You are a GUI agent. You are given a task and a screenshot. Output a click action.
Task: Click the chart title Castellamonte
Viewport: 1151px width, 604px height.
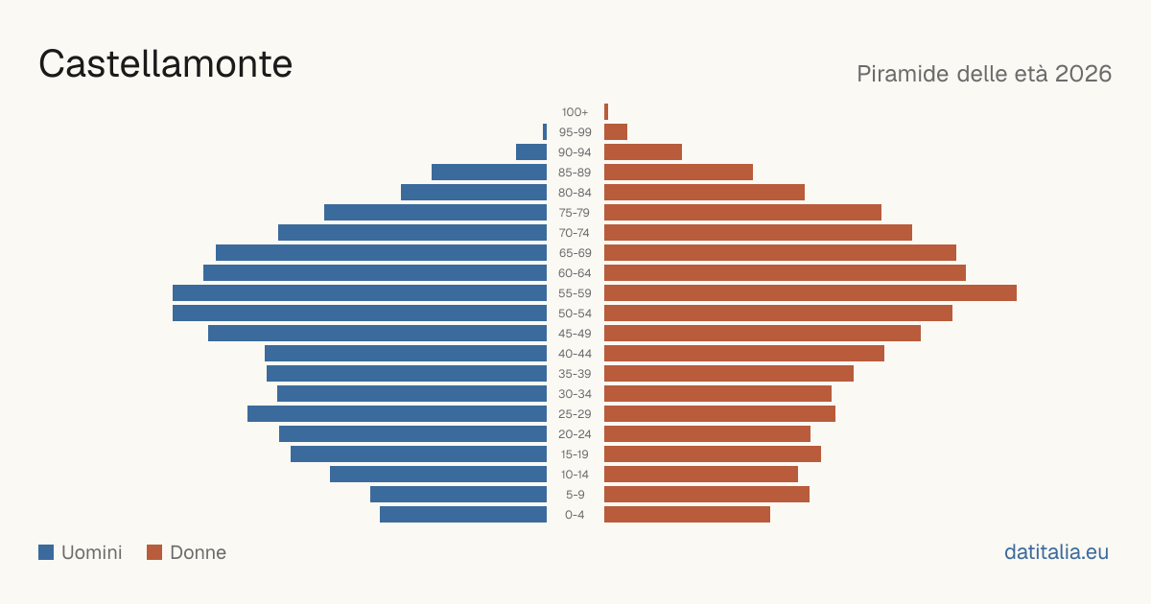click(165, 64)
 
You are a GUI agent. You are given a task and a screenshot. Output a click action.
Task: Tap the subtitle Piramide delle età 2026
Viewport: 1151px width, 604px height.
click(984, 74)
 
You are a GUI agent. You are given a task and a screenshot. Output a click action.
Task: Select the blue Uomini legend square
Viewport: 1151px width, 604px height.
click(46, 552)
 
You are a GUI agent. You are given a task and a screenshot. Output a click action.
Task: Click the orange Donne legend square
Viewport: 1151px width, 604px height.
click(154, 552)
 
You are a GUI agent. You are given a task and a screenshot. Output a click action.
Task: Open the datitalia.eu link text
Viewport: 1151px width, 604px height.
click(1056, 552)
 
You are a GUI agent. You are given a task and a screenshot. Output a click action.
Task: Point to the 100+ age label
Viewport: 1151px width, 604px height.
click(575, 112)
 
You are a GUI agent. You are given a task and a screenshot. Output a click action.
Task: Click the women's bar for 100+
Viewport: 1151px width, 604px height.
click(606, 112)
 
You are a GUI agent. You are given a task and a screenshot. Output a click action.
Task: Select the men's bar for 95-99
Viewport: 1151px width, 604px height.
click(545, 132)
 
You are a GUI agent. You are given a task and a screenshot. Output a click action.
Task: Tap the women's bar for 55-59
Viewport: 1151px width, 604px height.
click(810, 293)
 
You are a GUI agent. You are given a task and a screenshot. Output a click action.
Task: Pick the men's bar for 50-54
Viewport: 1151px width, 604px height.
click(360, 314)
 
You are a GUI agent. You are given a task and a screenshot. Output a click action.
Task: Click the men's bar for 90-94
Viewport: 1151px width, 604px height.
click(531, 152)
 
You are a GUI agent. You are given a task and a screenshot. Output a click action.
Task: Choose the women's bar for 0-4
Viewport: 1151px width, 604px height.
click(687, 515)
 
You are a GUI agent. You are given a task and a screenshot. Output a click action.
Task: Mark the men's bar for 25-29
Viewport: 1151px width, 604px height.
click(397, 414)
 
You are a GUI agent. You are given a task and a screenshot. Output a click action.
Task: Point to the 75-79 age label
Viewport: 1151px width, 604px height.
click(575, 213)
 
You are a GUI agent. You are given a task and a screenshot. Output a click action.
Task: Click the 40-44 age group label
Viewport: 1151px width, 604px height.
click(575, 354)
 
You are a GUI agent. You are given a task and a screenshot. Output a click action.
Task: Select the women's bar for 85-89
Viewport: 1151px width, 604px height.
click(678, 172)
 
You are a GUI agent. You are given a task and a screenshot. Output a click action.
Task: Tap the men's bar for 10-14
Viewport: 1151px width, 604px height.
click(438, 474)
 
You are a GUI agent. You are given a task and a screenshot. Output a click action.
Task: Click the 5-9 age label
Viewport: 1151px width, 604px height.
click(575, 495)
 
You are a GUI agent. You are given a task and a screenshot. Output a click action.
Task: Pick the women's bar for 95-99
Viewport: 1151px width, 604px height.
click(616, 132)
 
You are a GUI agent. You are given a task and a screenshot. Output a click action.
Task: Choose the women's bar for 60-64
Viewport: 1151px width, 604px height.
click(786, 272)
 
